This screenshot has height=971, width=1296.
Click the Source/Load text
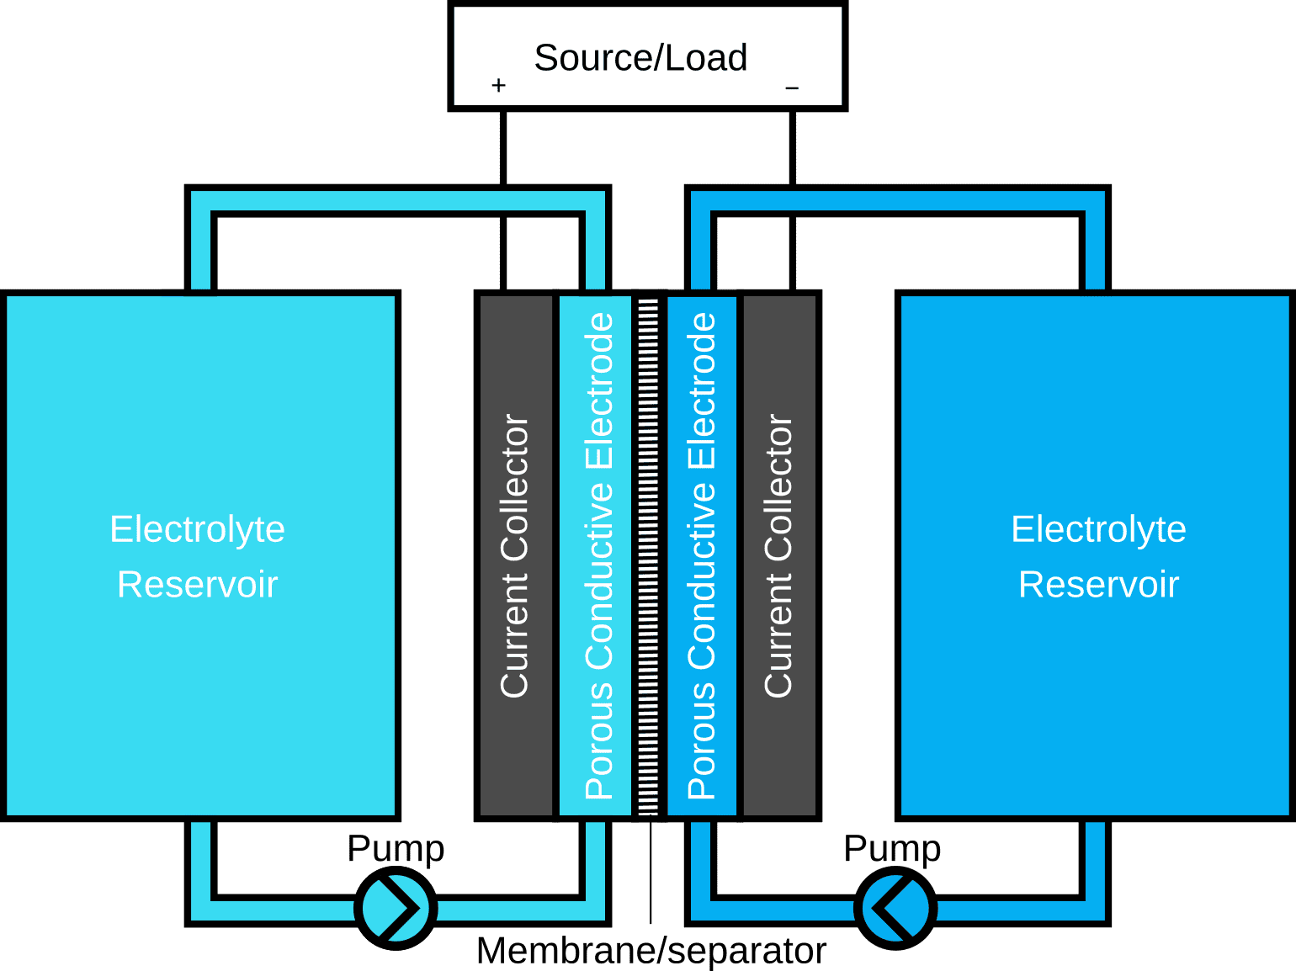click(x=640, y=58)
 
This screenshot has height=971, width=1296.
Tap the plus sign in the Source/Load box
click(x=498, y=85)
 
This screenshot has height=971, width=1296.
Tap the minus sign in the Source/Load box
click(x=792, y=88)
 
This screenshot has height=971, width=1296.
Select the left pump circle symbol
click(x=396, y=909)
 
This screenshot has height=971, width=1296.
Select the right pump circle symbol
click(x=895, y=909)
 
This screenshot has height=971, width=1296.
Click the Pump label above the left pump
click(x=396, y=848)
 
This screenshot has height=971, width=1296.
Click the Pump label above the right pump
click(x=892, y=848)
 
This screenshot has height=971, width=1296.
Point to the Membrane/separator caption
click(x=651, y=951)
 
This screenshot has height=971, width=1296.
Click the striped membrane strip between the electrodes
click(x=648, y=555)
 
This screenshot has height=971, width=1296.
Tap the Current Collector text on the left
click(x=514, y=555)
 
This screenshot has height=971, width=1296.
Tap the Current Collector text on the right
click(x=778, y=555)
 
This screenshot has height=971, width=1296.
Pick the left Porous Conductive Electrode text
click(x=599, y=555)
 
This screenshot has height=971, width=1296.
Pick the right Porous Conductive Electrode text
click(x=702, y=555)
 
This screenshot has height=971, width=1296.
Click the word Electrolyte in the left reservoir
click(x=198, y=529)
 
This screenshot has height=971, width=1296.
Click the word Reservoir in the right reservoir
click(x=1098, y=584)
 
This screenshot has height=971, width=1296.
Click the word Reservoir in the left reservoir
click(x=198, y=584)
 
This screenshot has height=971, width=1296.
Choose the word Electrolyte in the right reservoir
click(x=1098, y=529)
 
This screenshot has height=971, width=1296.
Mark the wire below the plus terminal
click(x=503, y=147)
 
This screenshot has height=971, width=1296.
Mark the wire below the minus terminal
click(x=792, y=147)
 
